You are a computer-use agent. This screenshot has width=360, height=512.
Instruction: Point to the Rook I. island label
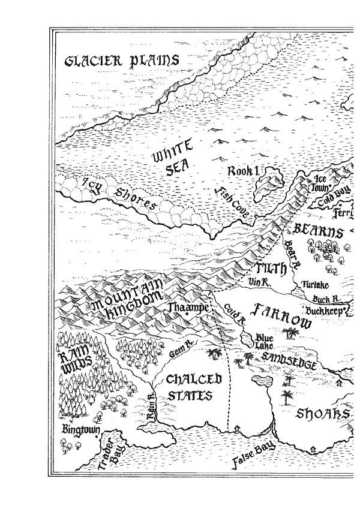tap(242, 172)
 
